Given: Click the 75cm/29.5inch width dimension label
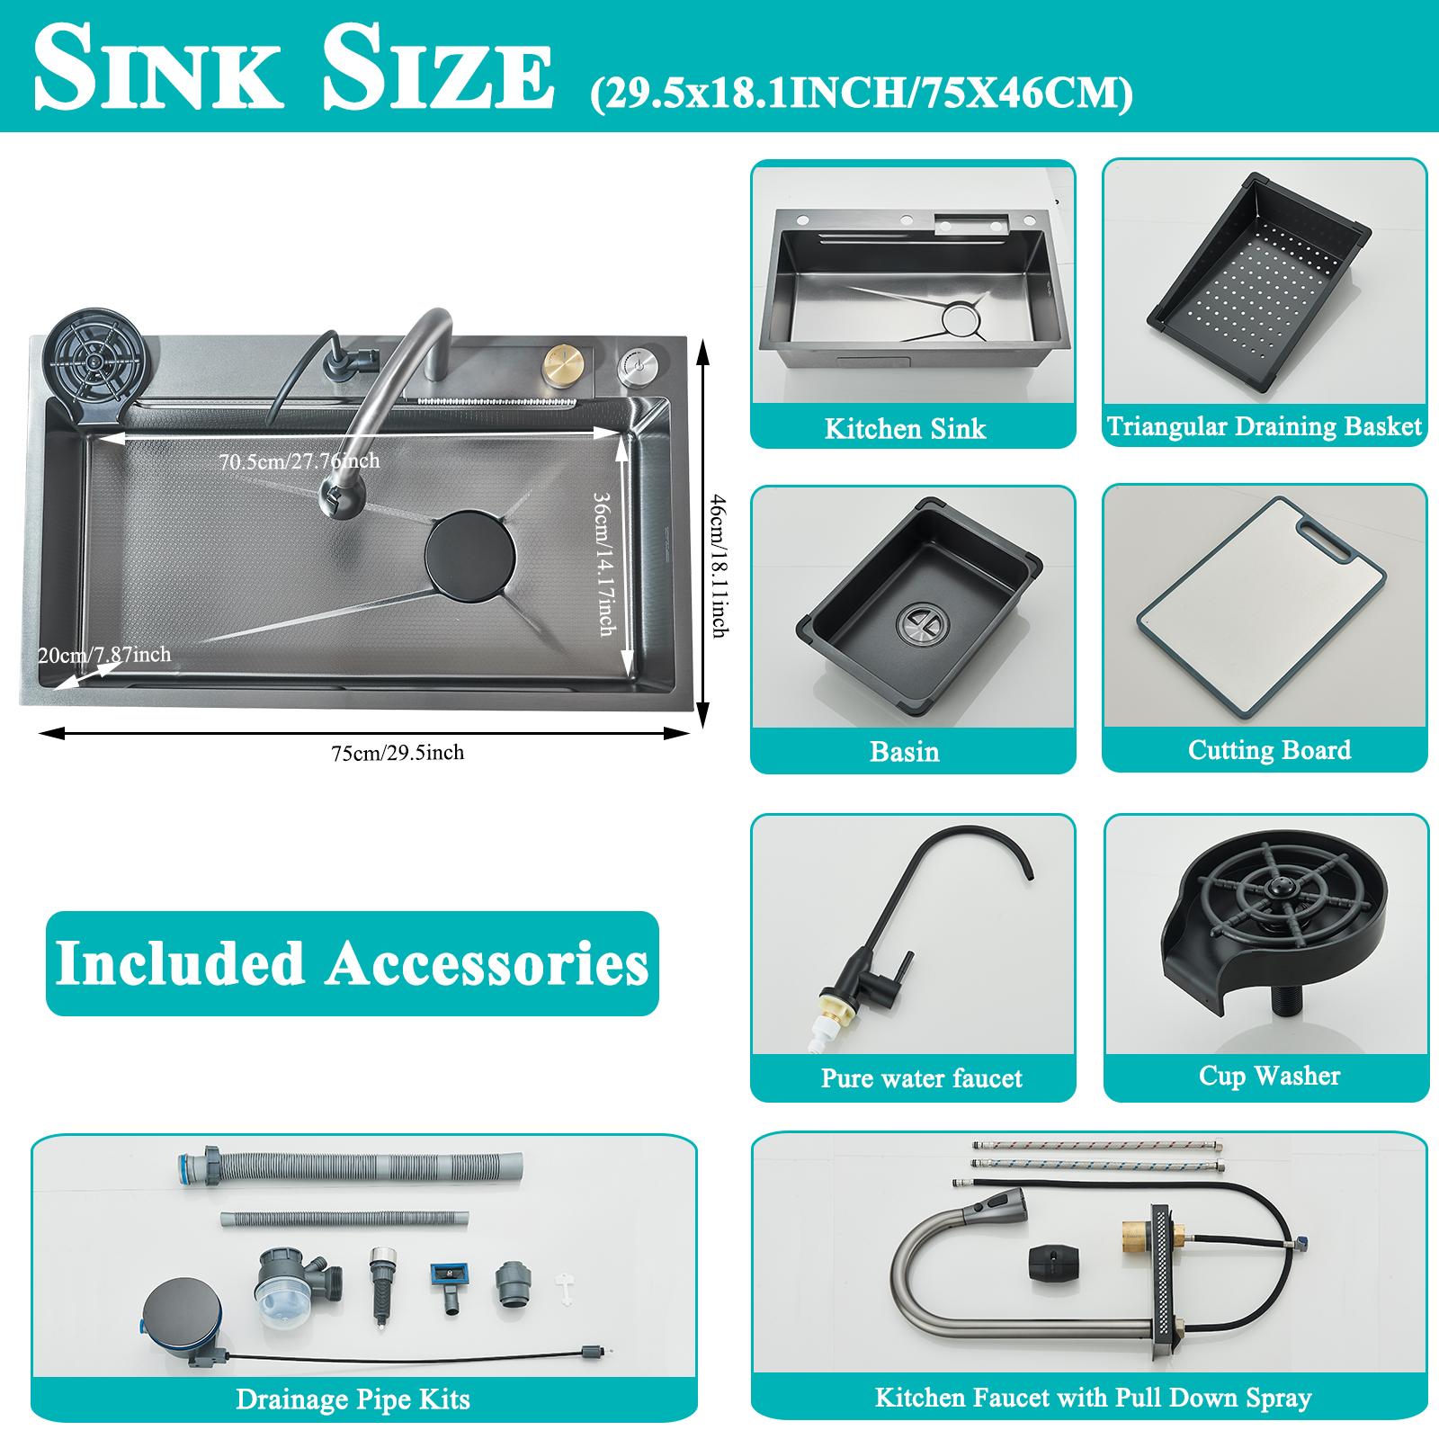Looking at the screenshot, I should coord(398,753).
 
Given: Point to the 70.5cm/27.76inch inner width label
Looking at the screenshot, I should coord(299,461).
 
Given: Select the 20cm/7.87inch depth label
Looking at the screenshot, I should coord(104,655).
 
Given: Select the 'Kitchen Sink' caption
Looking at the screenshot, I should coord(905,428).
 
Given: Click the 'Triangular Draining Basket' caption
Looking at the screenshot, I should coord(1265,425).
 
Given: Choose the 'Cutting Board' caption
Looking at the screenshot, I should coord(1269,750).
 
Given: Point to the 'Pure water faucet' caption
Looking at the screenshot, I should coord(921,1077).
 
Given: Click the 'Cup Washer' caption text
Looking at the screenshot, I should coord(1269,1076).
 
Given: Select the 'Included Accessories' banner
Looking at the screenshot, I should coord(352,964).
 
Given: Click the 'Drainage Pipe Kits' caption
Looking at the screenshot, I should coord(353,1399).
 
